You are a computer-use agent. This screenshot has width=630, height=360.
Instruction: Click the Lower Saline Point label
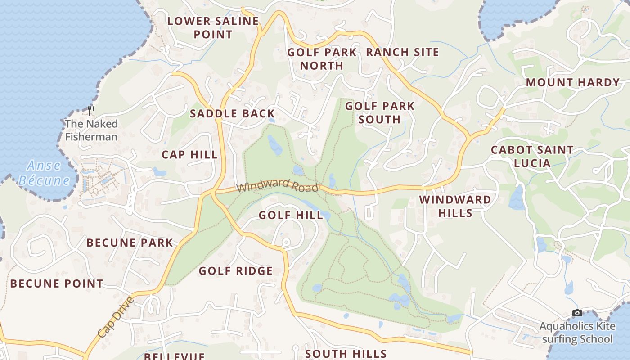pos(213,27)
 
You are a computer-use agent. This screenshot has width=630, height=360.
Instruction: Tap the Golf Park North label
pos(322,59)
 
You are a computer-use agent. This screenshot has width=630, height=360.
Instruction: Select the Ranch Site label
pos(402,52)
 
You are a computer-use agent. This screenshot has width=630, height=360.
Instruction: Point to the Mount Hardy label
pos(573,83)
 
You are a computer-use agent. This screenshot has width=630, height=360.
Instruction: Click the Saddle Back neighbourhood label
pos(232,113)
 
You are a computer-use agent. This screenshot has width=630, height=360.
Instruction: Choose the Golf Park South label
pos(380,112)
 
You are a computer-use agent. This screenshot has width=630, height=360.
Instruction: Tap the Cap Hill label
pos(189,155)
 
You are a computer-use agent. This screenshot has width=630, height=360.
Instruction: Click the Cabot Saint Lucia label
pos(532,156)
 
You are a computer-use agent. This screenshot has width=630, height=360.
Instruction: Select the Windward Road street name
pos(278,187)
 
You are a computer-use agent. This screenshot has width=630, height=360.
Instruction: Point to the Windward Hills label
pos(455,206)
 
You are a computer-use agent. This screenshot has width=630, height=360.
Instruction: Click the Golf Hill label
pos(291,216)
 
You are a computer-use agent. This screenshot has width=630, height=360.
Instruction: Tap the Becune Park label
pos(130,243)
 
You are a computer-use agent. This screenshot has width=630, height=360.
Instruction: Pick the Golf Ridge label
pos(236,271)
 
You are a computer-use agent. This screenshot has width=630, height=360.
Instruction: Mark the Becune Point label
pos(57,284)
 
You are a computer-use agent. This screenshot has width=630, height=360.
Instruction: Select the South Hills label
pos(346,354)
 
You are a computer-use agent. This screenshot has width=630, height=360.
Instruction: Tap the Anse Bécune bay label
pos(44,173)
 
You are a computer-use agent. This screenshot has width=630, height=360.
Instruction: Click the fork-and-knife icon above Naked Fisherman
pos(91,111)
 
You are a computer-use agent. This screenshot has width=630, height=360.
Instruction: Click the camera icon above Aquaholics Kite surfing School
pos(577,313)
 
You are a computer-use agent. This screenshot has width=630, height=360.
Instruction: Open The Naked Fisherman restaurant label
pos(91,130)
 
